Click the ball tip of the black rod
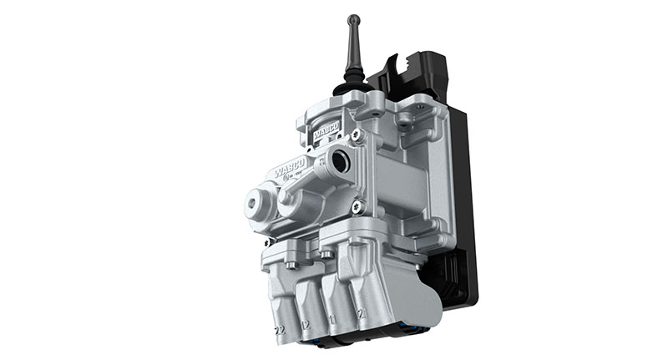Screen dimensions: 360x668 (353, 19)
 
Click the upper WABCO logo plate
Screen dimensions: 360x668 (325, 134)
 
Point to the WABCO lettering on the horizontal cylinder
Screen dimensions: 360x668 (289, 171)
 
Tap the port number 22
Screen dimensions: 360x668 (280, 330)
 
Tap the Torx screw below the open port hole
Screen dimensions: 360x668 (357, 206)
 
